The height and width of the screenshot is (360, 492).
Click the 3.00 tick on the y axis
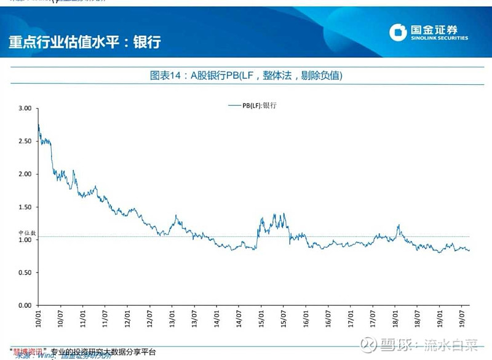click(25, 108)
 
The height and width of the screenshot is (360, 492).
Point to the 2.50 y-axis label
click(25, 141)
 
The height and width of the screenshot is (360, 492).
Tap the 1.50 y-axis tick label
click(25, 207)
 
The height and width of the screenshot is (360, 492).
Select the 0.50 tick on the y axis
click(25, 273)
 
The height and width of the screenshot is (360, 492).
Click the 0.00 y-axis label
click(25, 305)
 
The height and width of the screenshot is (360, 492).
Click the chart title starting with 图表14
click(246, 76)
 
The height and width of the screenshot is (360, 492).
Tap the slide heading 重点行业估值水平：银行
click(84, 42)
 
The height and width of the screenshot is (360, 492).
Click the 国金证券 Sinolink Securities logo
click(429, 33)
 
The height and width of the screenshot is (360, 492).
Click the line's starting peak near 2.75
click(39, 125)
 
